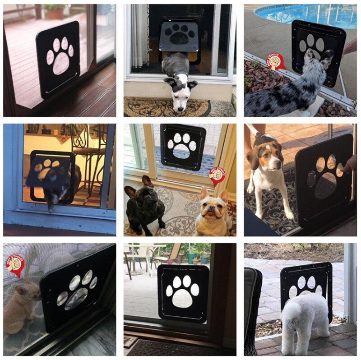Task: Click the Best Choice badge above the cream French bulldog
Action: pyautogui.click(x=217, y=176)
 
